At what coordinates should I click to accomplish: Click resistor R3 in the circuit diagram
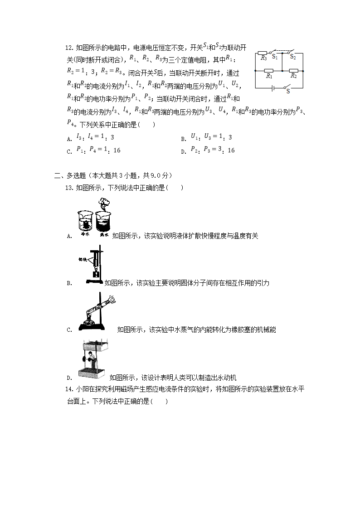coord(263,53)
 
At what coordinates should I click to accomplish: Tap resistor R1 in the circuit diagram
coord(269,71)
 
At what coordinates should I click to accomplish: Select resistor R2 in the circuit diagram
coord(293,71)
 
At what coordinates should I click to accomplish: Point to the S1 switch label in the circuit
coord(274,57)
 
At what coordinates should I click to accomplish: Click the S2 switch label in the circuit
coord(293,57)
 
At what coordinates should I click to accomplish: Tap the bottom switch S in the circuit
coord(286,87)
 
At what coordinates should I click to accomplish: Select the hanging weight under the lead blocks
coord(96,274)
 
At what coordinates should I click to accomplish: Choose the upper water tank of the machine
coord(94,345)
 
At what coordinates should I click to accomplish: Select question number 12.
coord(69,47)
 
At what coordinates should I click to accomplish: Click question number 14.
coord(69,389)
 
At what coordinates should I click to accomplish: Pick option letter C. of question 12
coord(69,152)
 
